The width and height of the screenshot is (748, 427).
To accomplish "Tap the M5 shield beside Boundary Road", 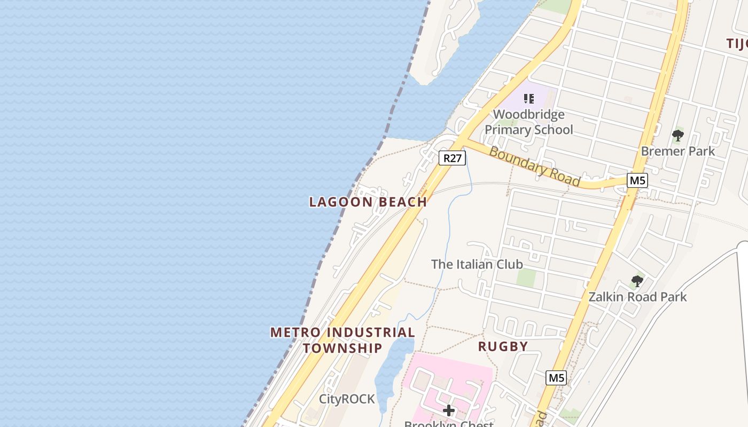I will click(637, 180).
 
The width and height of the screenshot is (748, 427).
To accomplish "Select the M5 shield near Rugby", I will click(556, 378).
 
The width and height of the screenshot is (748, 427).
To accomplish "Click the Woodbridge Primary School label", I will click(528, 122).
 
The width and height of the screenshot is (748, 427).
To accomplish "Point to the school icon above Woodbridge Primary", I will click(529, 98).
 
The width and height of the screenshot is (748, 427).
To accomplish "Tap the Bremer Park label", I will click(677, 151).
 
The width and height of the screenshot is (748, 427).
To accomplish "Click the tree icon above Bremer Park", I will click(677, 136).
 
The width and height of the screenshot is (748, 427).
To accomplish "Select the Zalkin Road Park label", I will click(637, 297).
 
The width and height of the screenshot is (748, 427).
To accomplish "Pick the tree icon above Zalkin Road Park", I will click(637, 281).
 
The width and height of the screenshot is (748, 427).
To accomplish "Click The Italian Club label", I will click(477, 264).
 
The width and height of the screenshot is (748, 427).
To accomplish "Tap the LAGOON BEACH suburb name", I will click(368, 202).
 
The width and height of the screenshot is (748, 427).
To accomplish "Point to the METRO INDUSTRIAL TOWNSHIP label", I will click(342, 340).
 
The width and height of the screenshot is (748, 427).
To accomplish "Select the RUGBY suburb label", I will click(503, 346).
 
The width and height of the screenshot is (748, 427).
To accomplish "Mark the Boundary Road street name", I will click(534, 167).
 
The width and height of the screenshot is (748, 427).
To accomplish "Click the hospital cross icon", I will click(449, 410).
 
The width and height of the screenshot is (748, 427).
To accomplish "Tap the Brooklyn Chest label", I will click(449, 424).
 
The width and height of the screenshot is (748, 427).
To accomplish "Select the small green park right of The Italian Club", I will click(526, 277).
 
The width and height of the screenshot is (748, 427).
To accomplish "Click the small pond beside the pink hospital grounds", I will click(392, 368).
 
